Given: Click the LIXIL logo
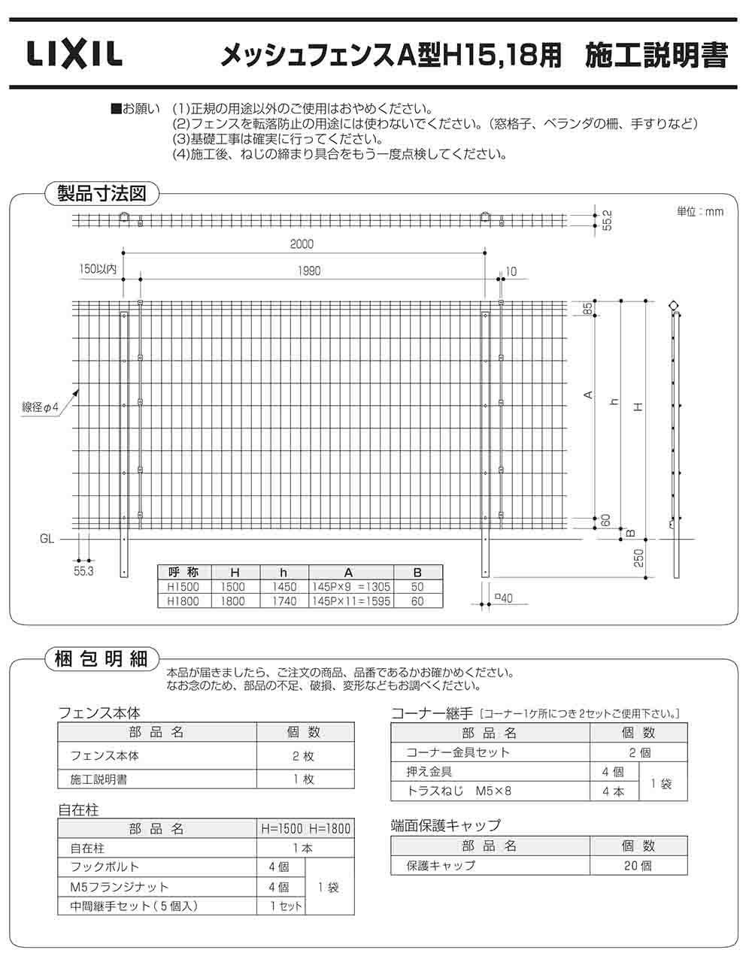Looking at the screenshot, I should tap(74, 54).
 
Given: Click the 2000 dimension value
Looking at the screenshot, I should tap(302, 244).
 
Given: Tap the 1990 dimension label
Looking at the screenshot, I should tap(309, 271).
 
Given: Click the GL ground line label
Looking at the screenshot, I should tap(47, 539).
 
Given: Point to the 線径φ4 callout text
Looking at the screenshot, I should tap(40, 407).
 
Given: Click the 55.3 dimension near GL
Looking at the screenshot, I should tap(83, 572).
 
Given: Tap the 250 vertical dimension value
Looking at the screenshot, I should tap(639, 558).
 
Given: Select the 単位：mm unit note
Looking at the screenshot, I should tap(699, 211).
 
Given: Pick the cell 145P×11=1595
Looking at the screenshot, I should tap(350, 601).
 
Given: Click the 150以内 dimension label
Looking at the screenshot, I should tap(97, 268).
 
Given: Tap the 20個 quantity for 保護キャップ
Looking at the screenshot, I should tap(638, 865).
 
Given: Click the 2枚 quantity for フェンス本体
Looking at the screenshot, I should tap(304, 755).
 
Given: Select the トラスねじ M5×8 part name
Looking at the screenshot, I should tap(458, 791).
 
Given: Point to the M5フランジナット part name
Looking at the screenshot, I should tap(120, 887).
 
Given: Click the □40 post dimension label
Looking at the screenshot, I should tap(503, 598).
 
